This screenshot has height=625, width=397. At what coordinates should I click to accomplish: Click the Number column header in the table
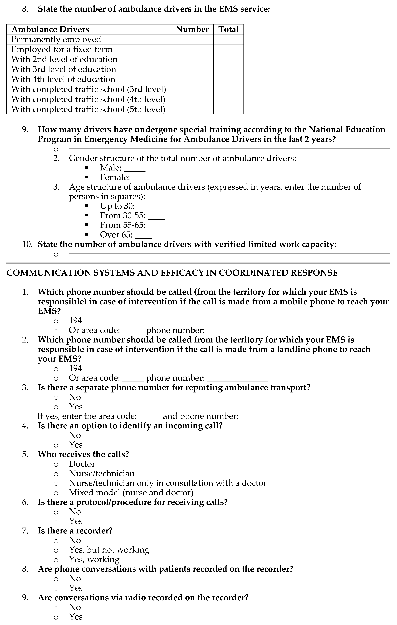click(192, 29)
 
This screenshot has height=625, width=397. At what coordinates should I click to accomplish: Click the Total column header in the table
click(228, 29)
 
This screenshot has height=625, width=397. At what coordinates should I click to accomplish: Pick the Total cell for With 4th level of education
click(228, 79)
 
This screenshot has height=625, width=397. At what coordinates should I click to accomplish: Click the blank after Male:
click(134, 169)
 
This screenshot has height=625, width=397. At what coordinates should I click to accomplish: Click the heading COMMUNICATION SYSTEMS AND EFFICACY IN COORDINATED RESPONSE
click(172, 273)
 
